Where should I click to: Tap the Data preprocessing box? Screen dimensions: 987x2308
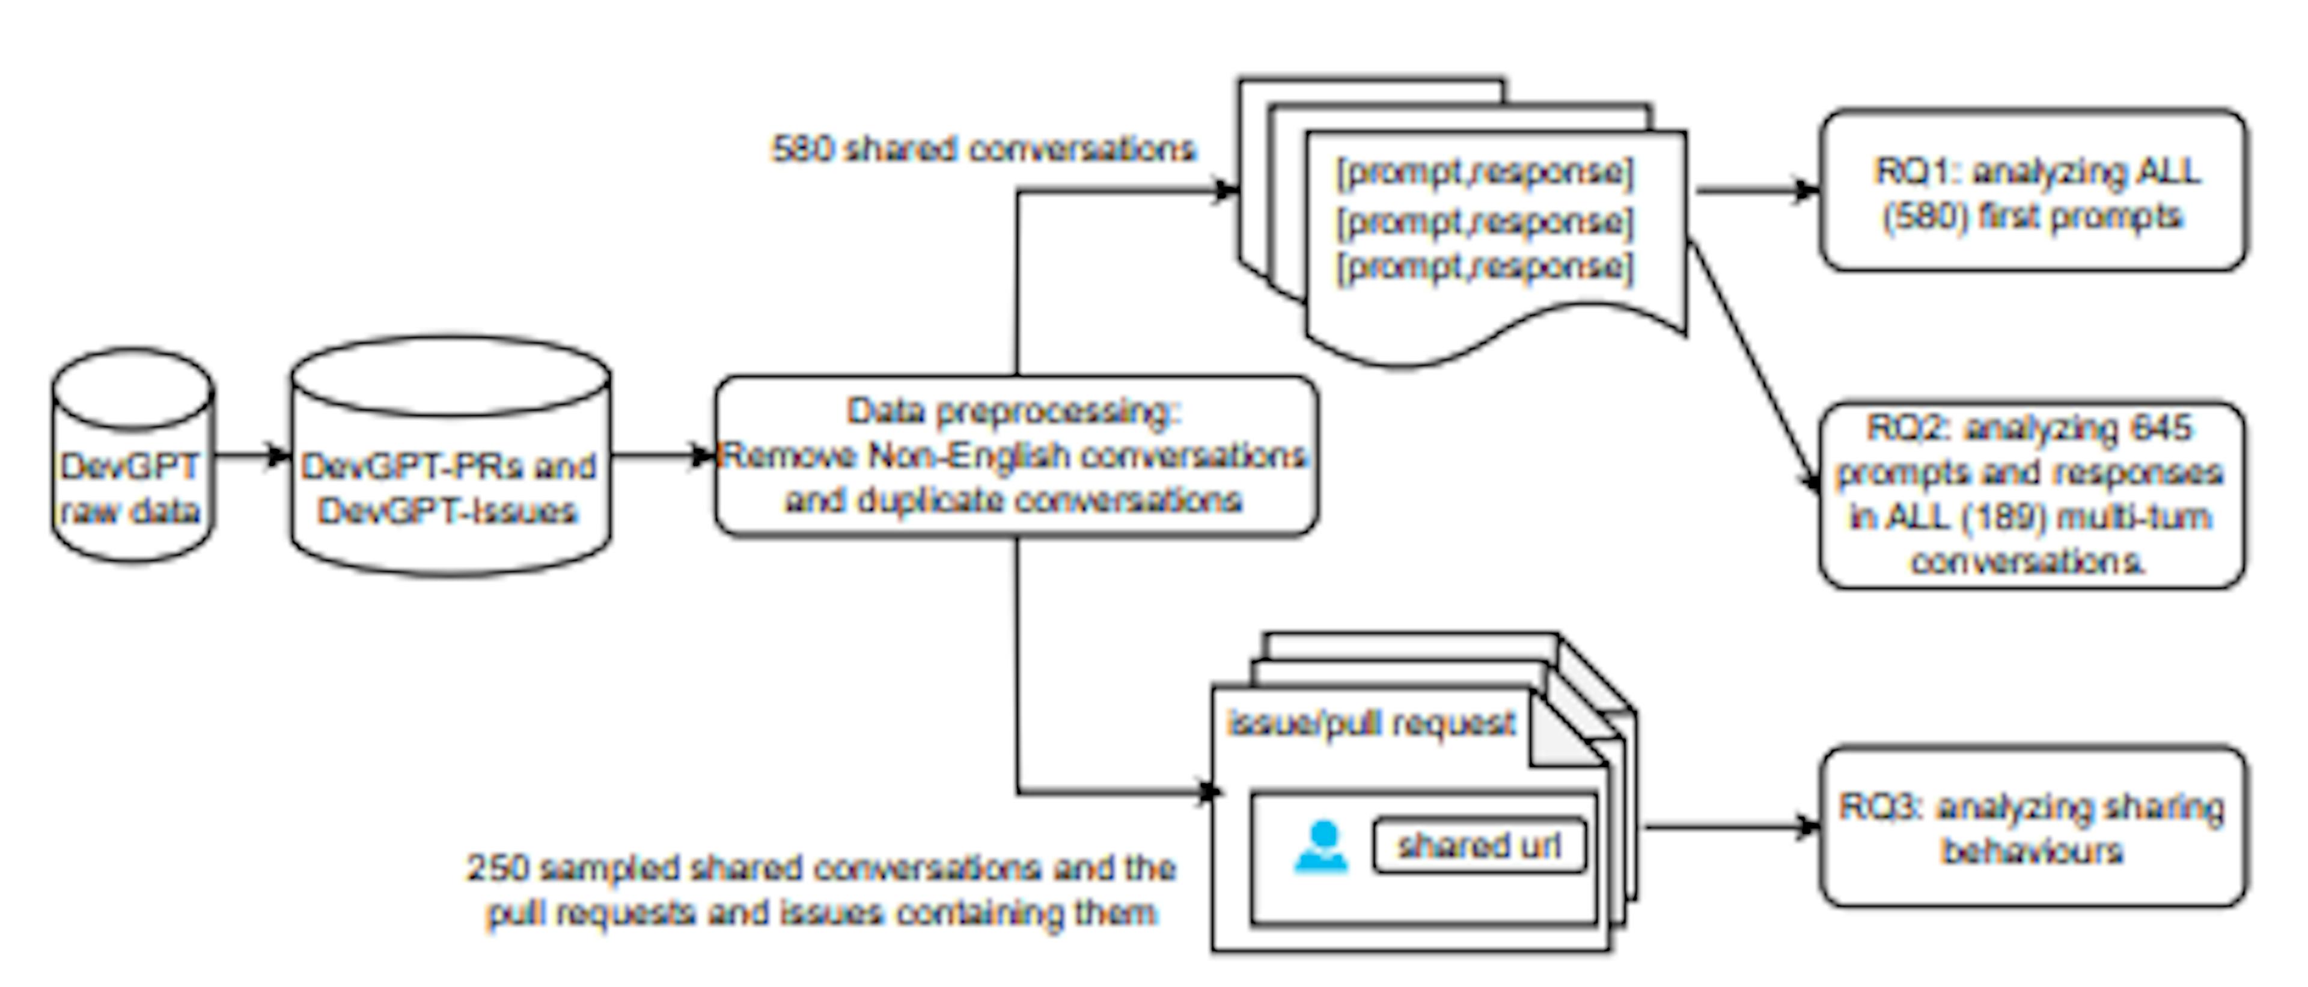[x=1015, y=457]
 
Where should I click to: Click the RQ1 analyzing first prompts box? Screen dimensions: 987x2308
[x=2032, y=191]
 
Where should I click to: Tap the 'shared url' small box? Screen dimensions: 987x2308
[x=1479, y=846]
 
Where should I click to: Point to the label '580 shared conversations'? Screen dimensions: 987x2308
[x=983, y=148]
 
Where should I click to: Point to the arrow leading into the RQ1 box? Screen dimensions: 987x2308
[x=1756, y=191]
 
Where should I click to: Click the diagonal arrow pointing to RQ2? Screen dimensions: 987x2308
[x=1756, y=367]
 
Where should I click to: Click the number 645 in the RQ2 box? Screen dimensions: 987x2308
[x=2162, y=428]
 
